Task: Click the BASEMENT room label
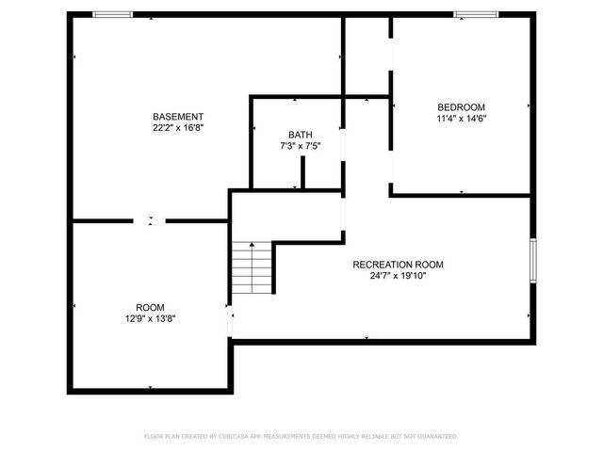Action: [x=178, y=116]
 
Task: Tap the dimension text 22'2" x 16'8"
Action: [x=178, y=127]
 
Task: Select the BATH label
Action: [x=300, y=135]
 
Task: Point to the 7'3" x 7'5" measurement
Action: [x=300, y=146]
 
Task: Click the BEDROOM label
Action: [x=461, y=106]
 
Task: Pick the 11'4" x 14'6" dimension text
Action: [x=461, y=119]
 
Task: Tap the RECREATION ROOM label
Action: [x=398, y=265]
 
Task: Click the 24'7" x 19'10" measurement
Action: [x=398, y=276]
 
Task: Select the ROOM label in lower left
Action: [x=150, y=308]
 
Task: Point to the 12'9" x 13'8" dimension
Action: [x=150, y=319]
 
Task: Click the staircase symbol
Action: [x=252, y=267]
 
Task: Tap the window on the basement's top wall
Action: [x=112, y=14]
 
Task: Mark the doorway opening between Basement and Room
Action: [x=150, y=221]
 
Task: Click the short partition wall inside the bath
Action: [x=301, y=173]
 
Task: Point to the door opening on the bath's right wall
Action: [x=343, y=151]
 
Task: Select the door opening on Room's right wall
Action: [x=230, y=323]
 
